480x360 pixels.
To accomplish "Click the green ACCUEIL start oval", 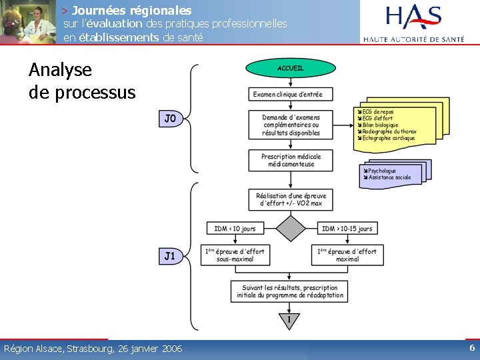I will coord(290,68).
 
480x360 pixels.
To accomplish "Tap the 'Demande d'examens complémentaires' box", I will coord(291,125).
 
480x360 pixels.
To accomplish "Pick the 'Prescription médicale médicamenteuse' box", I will coord(291,161).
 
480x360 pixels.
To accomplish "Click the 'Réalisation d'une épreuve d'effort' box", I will coord(291,199).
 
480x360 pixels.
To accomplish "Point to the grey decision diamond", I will coord(290,229).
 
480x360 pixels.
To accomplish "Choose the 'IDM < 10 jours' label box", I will coord(235,229).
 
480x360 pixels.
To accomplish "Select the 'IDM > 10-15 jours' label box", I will coord(347,229).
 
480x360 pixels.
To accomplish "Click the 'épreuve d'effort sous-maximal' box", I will coord(235,255).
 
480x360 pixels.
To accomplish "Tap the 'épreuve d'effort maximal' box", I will coord(347,255).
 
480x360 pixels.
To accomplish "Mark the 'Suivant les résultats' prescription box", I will coord(290,291).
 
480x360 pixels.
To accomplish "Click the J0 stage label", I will coord(170,119).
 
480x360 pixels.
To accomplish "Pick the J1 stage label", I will coord(170,255).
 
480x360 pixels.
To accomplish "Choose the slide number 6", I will coord(472,348).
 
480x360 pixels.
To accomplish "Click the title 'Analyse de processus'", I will coord(81,81).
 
